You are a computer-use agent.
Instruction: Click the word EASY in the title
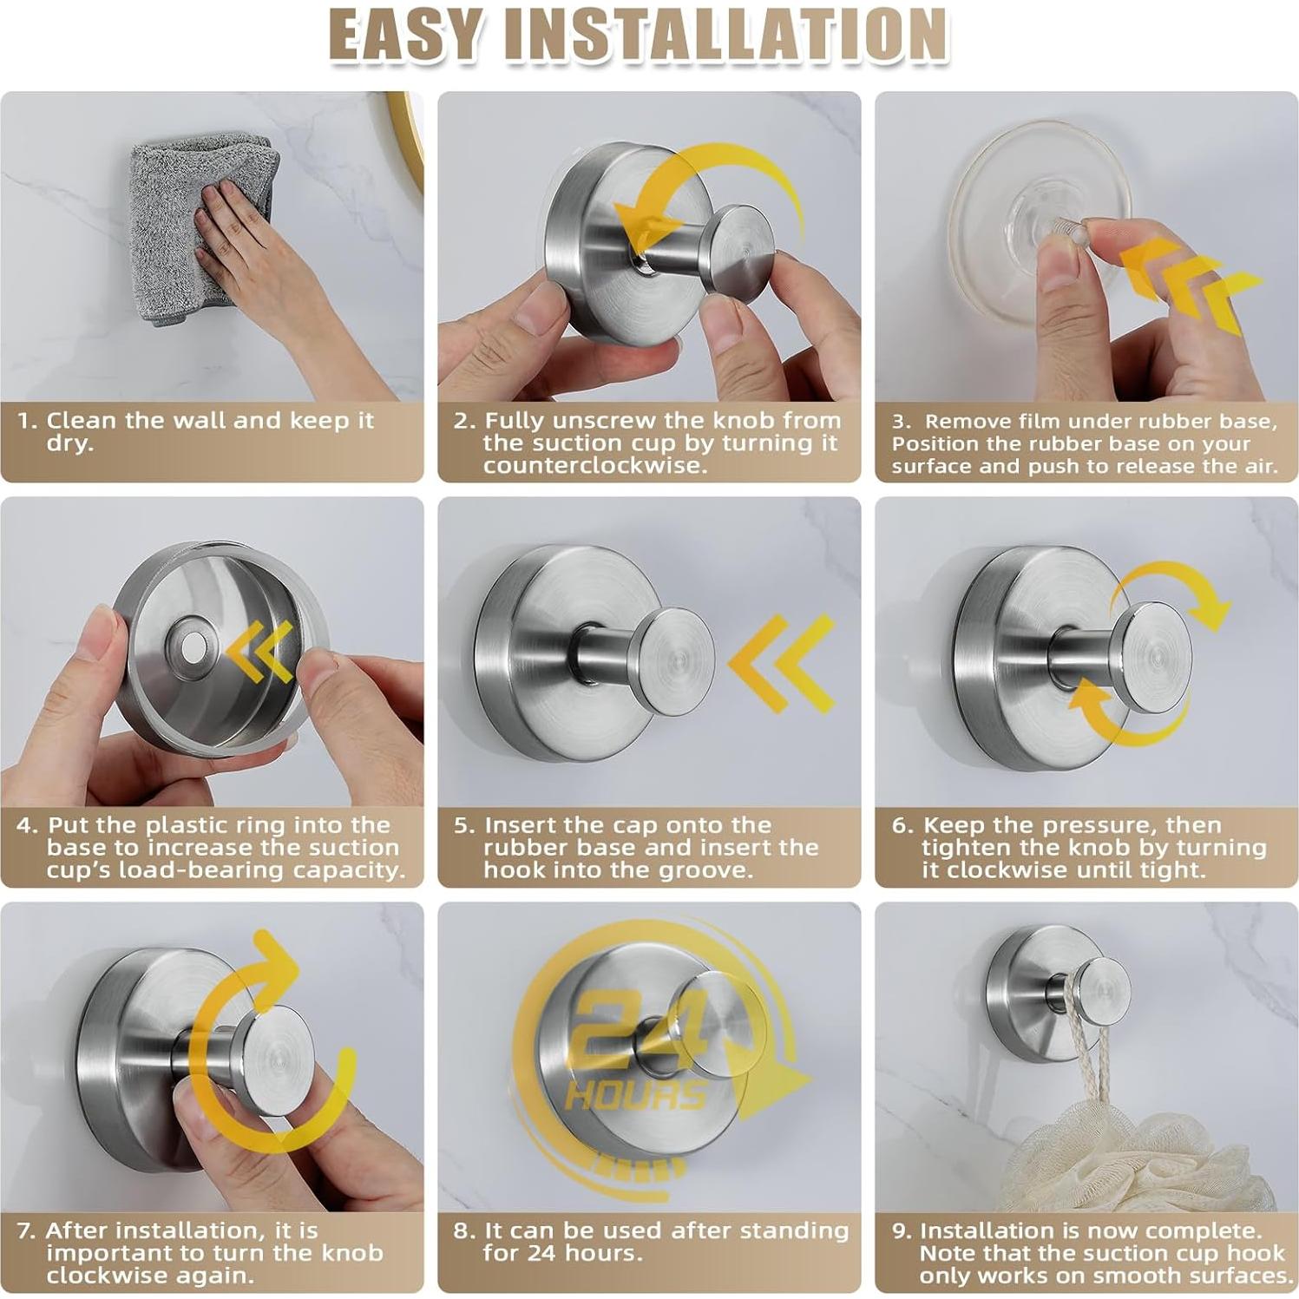click(404, 35)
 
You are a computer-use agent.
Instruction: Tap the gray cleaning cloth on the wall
click(203, 228)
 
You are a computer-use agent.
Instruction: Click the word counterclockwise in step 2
click(594, 466)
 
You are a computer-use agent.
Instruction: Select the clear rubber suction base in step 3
click(1040, 221)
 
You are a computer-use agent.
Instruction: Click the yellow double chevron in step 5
click(781, 663)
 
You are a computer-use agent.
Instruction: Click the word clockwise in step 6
click(1019, 870)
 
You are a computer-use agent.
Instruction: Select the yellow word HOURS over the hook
click(636, 1096)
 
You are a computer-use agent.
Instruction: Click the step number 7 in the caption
click(25, 1230)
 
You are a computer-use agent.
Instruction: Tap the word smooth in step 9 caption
click(1141, 1276)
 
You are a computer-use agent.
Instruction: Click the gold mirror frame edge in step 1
click(409, 139)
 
